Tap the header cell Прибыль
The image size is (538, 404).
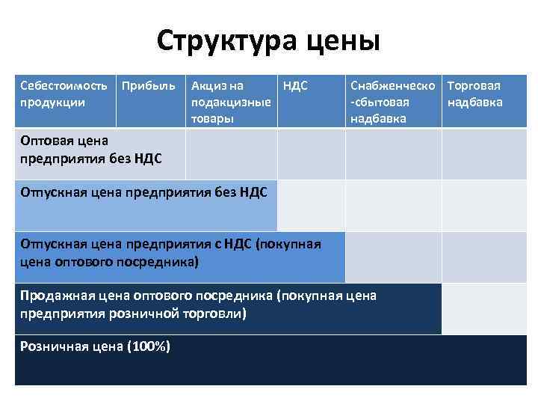point(149,86)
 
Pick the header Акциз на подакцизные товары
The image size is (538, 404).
point(230,102)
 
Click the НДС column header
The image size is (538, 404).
point(296,86)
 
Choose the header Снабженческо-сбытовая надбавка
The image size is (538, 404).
point(392,102)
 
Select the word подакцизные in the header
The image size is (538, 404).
point(231,102)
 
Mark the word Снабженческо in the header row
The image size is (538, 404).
point(392,86)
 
